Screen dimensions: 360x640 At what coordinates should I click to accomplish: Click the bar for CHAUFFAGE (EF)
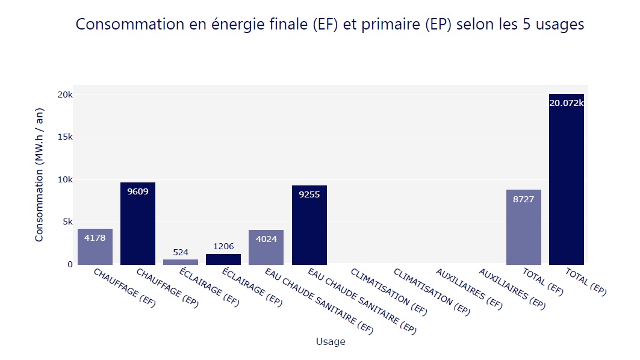95,247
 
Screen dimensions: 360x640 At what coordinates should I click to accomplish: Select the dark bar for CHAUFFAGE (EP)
138,223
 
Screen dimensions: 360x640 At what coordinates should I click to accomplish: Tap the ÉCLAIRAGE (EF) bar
181,262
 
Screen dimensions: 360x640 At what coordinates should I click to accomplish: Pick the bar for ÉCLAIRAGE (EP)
223,259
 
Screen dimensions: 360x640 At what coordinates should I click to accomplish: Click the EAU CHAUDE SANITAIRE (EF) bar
266,247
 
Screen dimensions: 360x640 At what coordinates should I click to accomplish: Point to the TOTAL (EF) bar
524,227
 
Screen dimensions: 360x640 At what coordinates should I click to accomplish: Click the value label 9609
138,191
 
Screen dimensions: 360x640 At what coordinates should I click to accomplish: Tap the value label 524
181,252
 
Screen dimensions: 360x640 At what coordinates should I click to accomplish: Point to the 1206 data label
223,246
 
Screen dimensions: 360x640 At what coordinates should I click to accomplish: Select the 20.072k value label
567,103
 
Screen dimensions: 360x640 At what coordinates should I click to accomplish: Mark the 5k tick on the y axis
66,222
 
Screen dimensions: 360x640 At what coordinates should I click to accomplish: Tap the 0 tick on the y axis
70,264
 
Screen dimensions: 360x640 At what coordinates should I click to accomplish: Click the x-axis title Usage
331,342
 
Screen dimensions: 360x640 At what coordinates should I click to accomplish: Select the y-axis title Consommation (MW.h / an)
40,175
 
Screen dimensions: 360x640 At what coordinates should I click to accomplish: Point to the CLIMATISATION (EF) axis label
389,293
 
